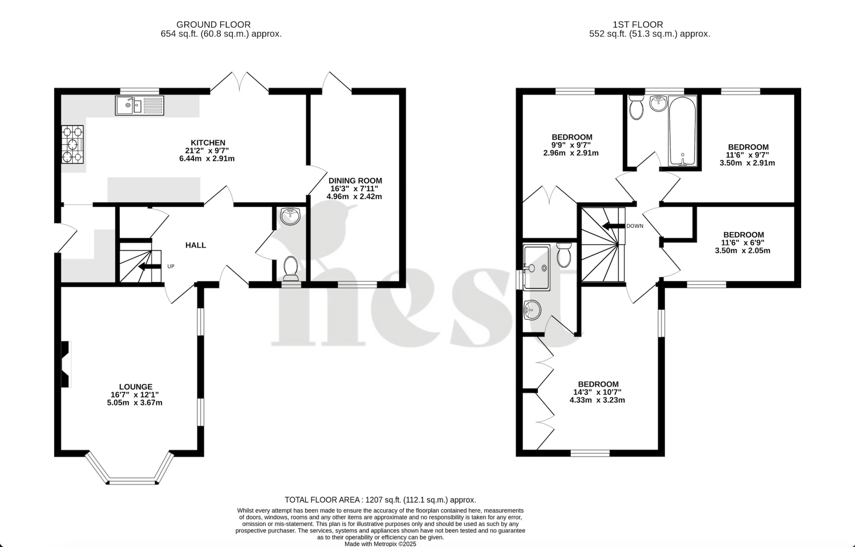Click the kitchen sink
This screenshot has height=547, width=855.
[x=139, y=105]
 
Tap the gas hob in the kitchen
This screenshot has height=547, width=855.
[x=72, y=144]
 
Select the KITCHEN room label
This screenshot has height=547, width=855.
[x=208, y=143]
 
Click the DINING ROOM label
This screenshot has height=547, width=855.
[x=355, y=181]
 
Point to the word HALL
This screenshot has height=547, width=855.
[x=195, y=245]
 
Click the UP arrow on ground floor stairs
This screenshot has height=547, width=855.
[x=146, y=267]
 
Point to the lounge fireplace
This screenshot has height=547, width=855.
[x=66, y=364]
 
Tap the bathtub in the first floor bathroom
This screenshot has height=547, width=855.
[x=682, y=130]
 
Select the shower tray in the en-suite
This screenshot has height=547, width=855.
[x=536, y=268]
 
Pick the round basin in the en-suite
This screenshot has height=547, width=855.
[x=531, y=310]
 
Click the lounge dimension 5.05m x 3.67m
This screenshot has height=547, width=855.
[x=134, y=403]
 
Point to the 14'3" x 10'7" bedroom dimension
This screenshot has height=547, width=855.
[x=598, y=392]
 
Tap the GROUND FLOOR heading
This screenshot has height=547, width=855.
[x=213, y=25]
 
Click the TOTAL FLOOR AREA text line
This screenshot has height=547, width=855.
[x=380, y=500]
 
